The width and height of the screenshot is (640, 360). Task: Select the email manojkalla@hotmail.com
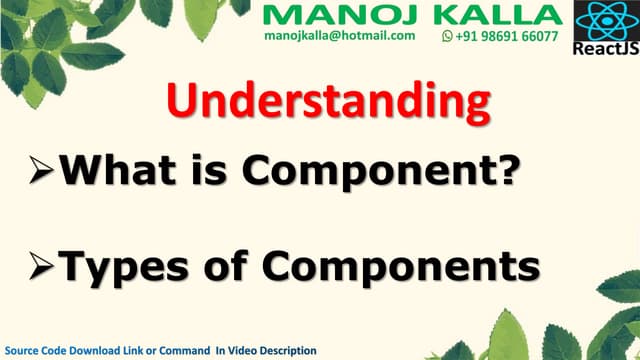[x=340, y=35]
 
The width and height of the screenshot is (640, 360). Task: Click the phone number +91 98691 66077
[x=507, y=35]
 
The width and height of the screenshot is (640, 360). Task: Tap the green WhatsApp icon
[x=447, y=35]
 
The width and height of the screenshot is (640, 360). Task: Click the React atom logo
[x=603, y=21]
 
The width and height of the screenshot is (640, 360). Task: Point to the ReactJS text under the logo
[x=603, y=49]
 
